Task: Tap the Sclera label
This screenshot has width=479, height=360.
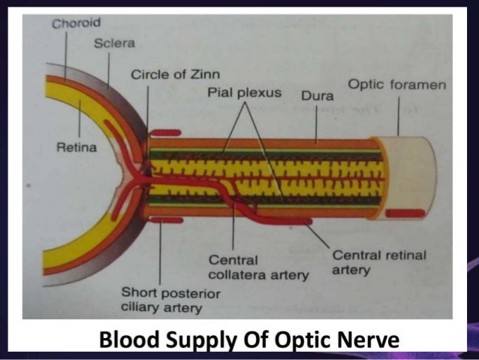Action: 114,43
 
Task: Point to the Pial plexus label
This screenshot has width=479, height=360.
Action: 244,92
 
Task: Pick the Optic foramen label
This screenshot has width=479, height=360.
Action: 396,85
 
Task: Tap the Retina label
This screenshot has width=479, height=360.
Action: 77,147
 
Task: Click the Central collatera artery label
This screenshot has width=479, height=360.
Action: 258,268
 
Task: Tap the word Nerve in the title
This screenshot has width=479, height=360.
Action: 372,341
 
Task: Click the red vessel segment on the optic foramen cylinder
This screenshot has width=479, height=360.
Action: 405,213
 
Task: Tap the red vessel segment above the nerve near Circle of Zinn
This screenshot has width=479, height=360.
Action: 164,132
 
